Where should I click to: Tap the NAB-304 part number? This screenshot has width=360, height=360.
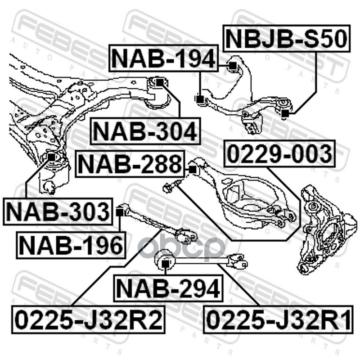click(x=145, y=132)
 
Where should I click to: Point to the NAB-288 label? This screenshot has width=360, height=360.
click(x=130, y=164)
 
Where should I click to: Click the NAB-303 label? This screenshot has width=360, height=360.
click(x=58, y=211)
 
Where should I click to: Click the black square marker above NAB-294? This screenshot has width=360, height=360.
click(x=165, y=262)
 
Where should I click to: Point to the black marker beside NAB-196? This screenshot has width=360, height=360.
click(x=120, y=210)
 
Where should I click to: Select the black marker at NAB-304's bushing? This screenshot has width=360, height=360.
click(x=159, y=81)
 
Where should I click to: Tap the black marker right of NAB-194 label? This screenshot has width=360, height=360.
click(x=232, y=67)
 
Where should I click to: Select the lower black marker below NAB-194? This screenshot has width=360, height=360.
click(x=200, y=98)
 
